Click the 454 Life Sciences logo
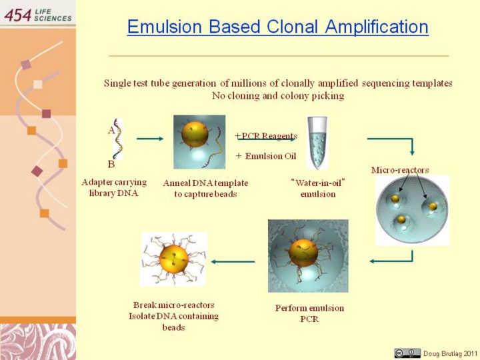tap(38, 15)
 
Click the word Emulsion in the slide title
tap(165, 26)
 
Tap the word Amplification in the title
tap(377, 27)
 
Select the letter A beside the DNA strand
tap(111, 131)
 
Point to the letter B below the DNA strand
tap(111, 165)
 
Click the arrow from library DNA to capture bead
tap(150, 139)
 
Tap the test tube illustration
tap(317, 143)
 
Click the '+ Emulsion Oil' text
tap(266, 156)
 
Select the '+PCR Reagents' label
tap(266, 135)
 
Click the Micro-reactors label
tap(400, 170)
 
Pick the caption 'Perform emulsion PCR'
tap(309, 313)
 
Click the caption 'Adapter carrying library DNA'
tap(114, 187)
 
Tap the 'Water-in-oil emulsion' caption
tap(318, 189)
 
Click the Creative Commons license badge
tap(407, 353)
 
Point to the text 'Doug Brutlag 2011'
tap(450, 353)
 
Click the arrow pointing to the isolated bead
tap(233, 262)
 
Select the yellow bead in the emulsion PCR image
tap(303, 253)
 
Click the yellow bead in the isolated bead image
tap(173, 259)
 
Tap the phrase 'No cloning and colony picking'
tap(278, 96)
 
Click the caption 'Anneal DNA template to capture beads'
tap(205, 189)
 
